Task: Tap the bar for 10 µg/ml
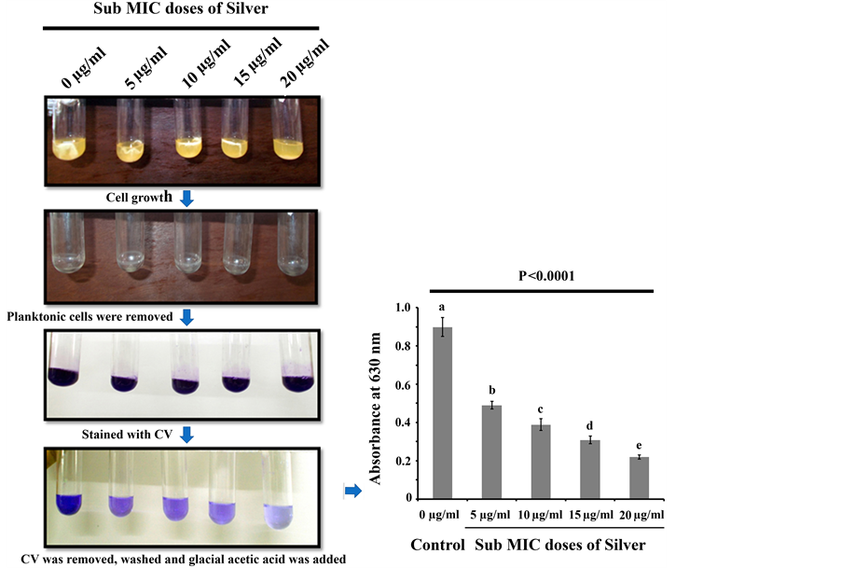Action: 539,462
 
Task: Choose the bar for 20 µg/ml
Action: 639,478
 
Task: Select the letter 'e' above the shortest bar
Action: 639,446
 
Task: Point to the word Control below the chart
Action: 436,545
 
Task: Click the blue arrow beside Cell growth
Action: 186,198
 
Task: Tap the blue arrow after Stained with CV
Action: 186,434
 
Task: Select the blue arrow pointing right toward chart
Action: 352,492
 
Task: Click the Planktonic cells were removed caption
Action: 90,317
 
